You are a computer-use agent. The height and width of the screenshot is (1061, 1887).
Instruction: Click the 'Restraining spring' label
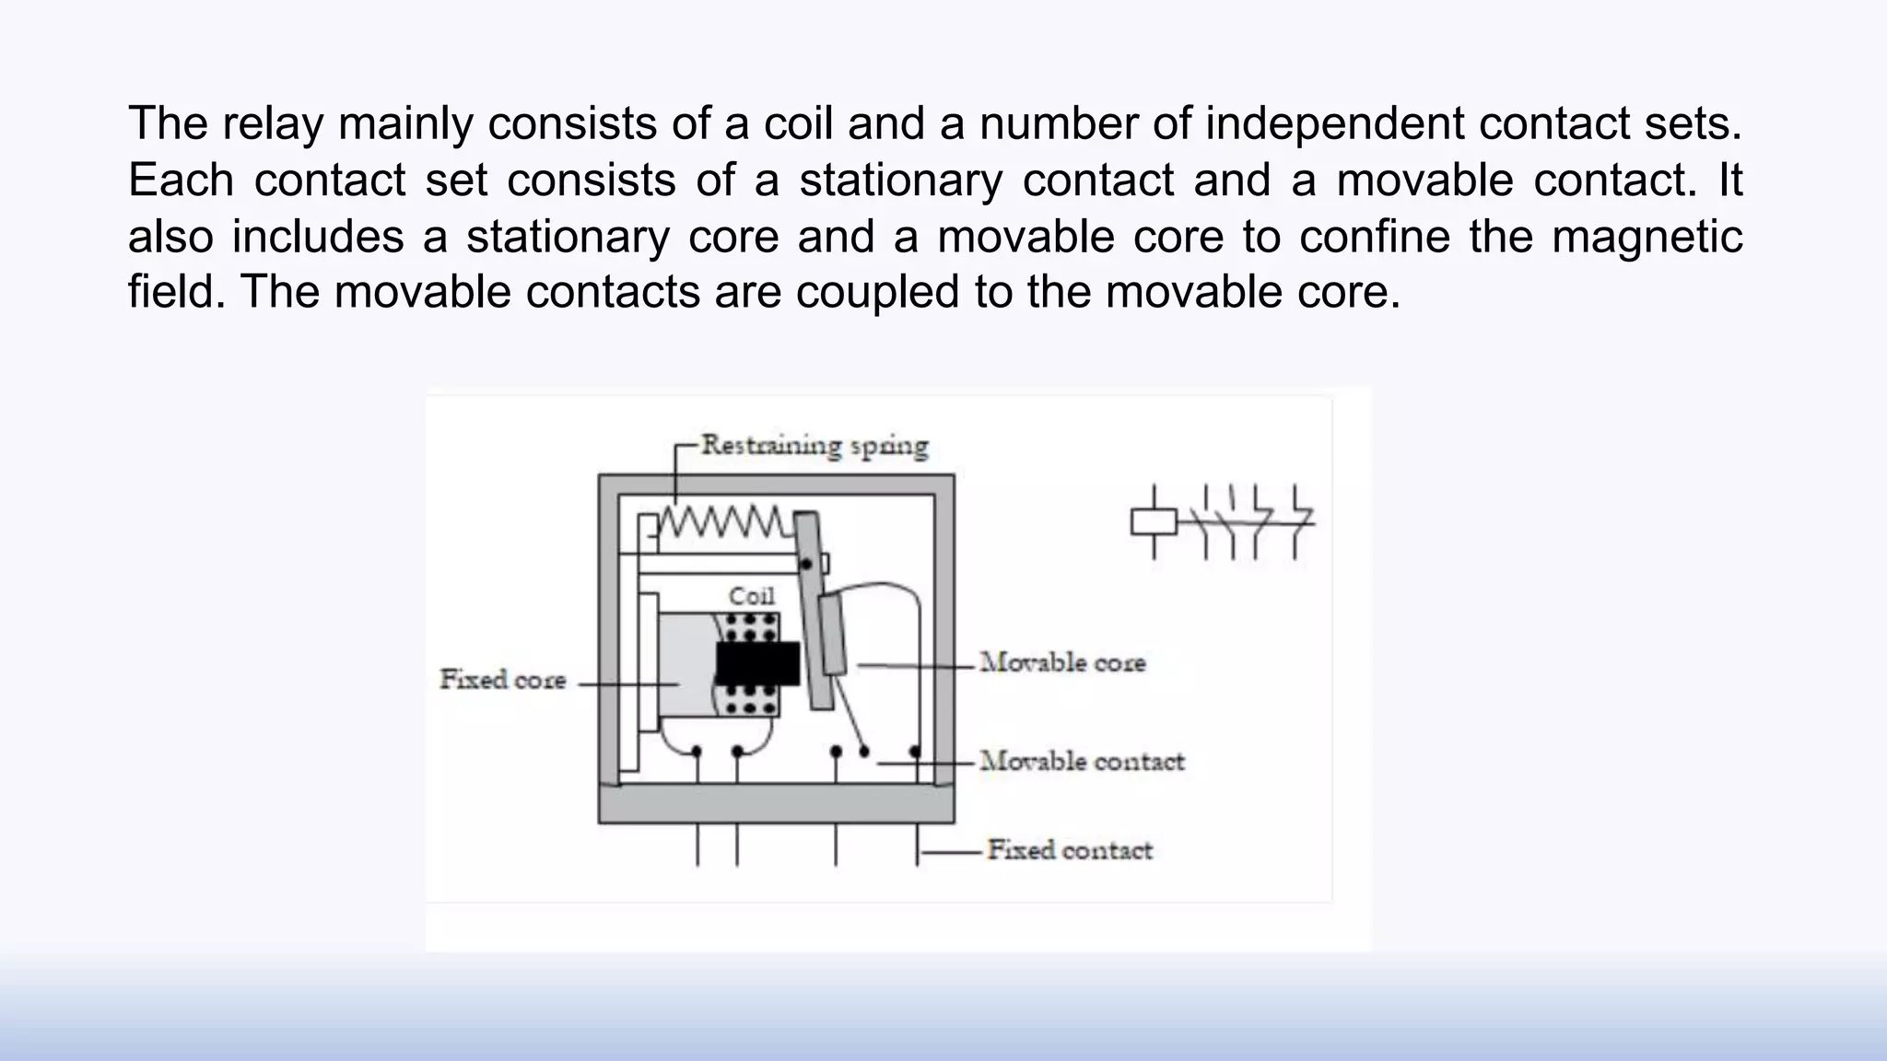(815, 446)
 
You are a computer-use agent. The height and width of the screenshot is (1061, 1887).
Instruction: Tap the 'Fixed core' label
(502, 680)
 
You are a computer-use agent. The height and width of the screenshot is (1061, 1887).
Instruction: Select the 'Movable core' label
(1062, 662)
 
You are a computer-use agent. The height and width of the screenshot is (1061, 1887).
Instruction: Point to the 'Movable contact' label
(1082, 761)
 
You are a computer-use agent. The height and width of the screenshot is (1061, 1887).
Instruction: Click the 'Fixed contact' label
(1070, 849)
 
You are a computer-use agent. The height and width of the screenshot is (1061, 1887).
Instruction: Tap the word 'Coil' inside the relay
(752, 596)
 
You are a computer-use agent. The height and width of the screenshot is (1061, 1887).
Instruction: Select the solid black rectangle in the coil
(757, 662)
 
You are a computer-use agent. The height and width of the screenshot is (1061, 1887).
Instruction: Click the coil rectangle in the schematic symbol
(1154, 522)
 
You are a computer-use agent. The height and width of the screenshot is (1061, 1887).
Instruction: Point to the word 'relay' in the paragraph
(273, 123)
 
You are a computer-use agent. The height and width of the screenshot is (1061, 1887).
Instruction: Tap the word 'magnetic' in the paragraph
(1647, 236)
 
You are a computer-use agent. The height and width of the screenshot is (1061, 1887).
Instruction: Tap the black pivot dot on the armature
(808, 562)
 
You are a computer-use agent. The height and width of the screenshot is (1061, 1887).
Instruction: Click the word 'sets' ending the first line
(1702, 123)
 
